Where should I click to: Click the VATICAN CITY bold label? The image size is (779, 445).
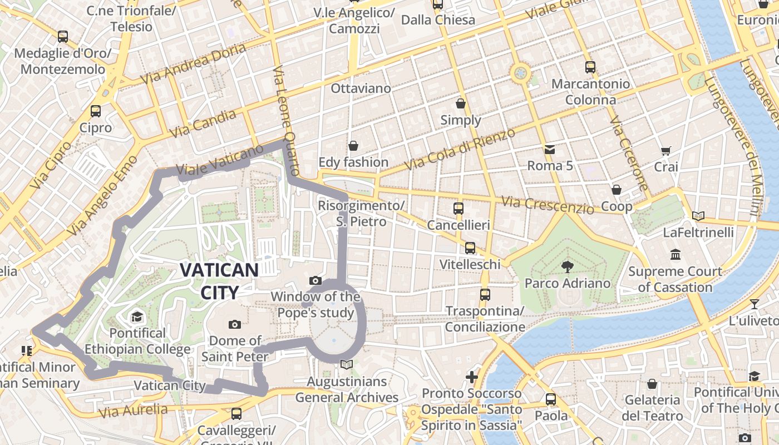pyautogui.click(x=219, y=281)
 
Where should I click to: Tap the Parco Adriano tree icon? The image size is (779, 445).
pyautogui.click(x=568, y=267)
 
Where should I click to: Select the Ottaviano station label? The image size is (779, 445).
pyautogui.click(x=361, y=88)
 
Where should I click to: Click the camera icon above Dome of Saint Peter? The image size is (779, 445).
pyautogui.click(x=235, y=324)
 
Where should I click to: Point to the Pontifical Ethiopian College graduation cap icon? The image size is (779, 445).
pyautogui.click(x=137, y=317)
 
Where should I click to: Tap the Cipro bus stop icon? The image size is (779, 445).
pyautogui.click(x=96, y=111)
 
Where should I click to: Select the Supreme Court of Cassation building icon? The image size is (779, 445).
pyautogui.click(x=676, y=255)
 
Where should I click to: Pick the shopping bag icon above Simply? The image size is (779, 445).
pyautogui.click(x=461, y=103)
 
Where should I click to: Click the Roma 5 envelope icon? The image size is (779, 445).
pyautogui.click(x=550, y=149)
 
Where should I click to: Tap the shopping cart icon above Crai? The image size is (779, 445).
pyautogui.click(x=666, y=151)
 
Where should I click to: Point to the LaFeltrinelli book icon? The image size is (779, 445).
pyautogui.click(x=698, y=216)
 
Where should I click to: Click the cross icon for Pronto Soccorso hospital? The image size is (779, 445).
pyautogui.click(x=472, y=377)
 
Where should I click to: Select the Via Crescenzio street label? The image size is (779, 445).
pyautogui.click(x=548, y=205)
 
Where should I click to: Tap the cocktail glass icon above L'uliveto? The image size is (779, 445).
pyautogui.click(x=754, y=304)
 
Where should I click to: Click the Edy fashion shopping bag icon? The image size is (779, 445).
pyautogui.click(x=353, y=146)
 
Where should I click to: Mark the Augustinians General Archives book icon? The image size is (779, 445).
pyautogui.click(x=347, y=365)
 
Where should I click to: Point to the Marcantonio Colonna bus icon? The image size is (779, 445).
pyautogui.click(x=590, y=67)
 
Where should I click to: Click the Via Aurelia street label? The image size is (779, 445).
pyautogui.click(x=133, y=411)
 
